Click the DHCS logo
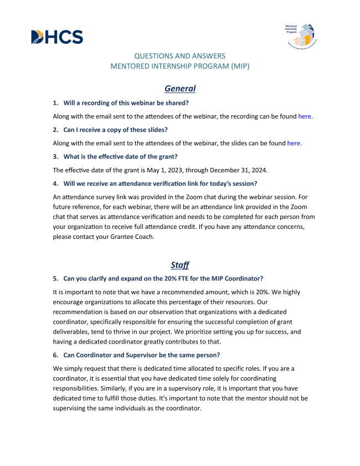[x=57, y=37]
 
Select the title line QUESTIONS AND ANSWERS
[x=180, y=56]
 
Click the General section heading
[x=180, y=88]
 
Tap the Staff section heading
[x=180, y=265]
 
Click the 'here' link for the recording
[x=305, y=116]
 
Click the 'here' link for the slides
[x=294, y=143]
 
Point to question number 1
[x=55, y=103]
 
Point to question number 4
[x=55, y=183]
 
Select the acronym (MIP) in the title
[x=239, y=66]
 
